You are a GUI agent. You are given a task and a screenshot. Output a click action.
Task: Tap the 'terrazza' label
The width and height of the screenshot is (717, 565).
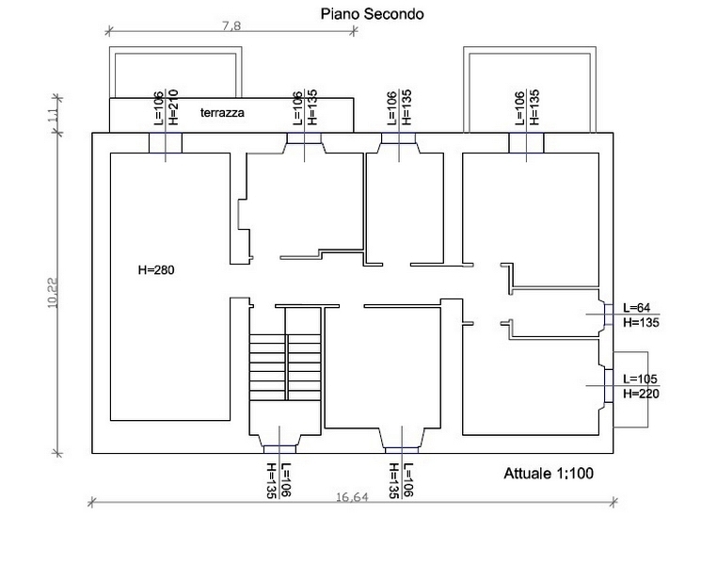point(222,113)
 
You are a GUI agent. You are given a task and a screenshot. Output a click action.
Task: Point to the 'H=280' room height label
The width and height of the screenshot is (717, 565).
point(156,269)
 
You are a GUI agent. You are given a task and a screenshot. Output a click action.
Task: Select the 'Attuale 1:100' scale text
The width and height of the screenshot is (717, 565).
point(549,474)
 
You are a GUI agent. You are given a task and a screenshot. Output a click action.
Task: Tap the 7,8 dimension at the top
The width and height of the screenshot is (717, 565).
point(231,26)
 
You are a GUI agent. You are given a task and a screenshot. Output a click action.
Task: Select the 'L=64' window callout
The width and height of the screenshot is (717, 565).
point(637,307)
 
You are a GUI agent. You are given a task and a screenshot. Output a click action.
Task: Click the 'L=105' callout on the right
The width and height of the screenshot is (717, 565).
point(640,379)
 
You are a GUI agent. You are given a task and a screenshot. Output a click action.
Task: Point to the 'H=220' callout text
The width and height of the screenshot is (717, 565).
point(640,394)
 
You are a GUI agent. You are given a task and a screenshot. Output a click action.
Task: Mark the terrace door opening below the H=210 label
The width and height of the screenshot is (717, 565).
point(166,143)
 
